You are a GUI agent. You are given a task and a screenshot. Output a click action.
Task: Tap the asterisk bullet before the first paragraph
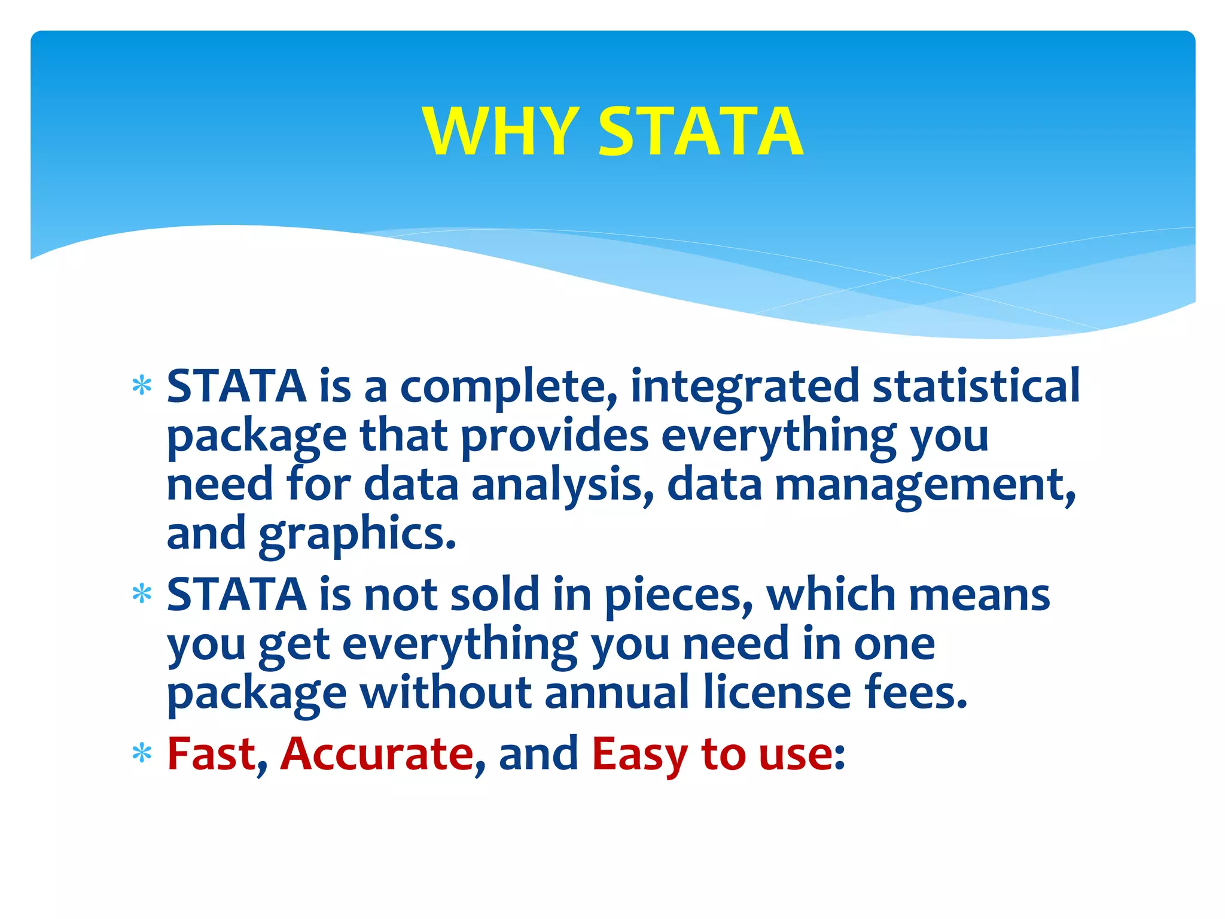tap(142, 386)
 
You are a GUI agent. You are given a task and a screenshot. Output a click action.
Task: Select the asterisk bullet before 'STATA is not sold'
tap(142, 594)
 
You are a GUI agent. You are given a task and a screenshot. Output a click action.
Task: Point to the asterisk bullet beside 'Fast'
tap(142, 753)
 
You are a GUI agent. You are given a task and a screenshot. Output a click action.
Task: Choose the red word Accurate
tap(377, 753)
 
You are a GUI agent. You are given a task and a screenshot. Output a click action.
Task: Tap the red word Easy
tap(639, 753)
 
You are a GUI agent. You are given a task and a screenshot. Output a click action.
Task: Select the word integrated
tap(745, 387)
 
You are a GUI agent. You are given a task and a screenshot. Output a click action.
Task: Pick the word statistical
tap(976, 386)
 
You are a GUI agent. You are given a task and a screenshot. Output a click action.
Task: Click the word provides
tap(554, 436)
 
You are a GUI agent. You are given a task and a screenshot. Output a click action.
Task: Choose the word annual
tap(617, 692)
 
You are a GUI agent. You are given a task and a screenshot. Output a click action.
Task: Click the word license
tap(777, 692)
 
